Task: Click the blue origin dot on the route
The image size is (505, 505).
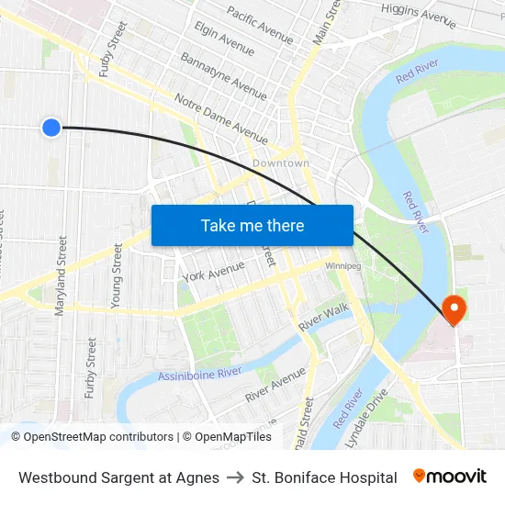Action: pos(51,128)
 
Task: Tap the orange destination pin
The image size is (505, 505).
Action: pos(454,309)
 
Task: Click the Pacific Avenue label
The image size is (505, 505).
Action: pos(260,26)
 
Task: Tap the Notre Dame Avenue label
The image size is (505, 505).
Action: pos(220,115)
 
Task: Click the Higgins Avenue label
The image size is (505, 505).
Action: pos(419,15)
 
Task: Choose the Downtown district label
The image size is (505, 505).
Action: pos(281,163)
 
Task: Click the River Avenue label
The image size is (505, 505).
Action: pos(275,386)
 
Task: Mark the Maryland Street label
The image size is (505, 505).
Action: pos(62,276)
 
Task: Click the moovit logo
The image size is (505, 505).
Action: pos(449,477)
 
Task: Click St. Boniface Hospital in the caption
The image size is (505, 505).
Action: pos(324,477)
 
